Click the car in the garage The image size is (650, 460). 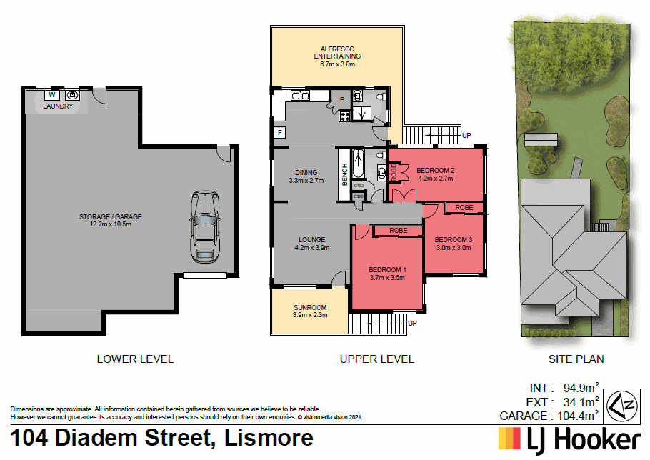pos(204,227)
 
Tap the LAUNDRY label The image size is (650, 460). pos(58,106)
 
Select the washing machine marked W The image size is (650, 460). pos(51,94)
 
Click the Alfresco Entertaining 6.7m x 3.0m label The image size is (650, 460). pos(338,56)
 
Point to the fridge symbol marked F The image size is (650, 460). pos(279,132)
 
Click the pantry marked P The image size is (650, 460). pos(341,99)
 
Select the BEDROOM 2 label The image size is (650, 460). pos(436,170)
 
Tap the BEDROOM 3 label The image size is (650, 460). pos(454,239)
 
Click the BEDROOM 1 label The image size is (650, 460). pos(387,269)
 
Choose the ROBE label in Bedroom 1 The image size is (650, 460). pos(399,231)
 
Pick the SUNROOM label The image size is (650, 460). pos(310,308)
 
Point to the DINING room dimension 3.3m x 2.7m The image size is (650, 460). pos(306,181)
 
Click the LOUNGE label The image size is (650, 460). pos(312,239)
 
